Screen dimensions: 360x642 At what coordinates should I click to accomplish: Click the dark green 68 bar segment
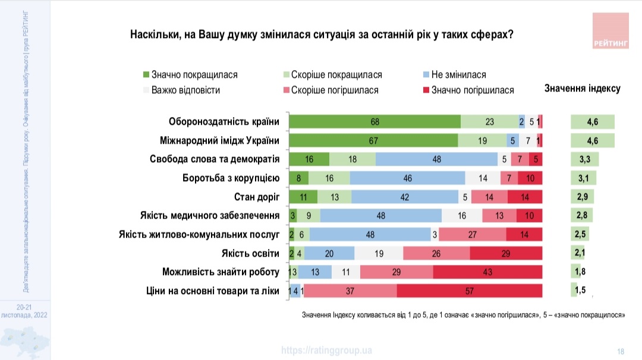coord(374,122)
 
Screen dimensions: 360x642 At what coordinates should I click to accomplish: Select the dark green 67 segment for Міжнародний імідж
coord(373,140)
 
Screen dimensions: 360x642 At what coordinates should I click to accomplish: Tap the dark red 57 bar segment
coord(469,291)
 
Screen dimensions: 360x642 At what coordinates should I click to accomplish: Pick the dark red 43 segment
coord(487,272)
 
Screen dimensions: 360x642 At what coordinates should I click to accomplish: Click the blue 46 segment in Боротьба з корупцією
coord(408,178)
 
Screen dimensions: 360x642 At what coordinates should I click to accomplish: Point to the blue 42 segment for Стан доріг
coord(405,197)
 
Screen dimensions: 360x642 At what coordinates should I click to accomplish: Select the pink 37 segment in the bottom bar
coord(350,291)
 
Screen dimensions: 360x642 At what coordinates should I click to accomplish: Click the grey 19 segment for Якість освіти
coord(379,254)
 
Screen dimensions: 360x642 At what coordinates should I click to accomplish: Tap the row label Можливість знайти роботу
coord(221,272)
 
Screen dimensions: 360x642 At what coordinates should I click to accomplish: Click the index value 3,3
coord(585,159)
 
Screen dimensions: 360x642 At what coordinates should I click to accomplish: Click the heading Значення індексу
coord(582,89)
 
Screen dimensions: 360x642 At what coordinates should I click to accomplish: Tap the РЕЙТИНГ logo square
coord(610,30)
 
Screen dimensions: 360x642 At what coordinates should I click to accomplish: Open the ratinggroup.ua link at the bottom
coord(326,350)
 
